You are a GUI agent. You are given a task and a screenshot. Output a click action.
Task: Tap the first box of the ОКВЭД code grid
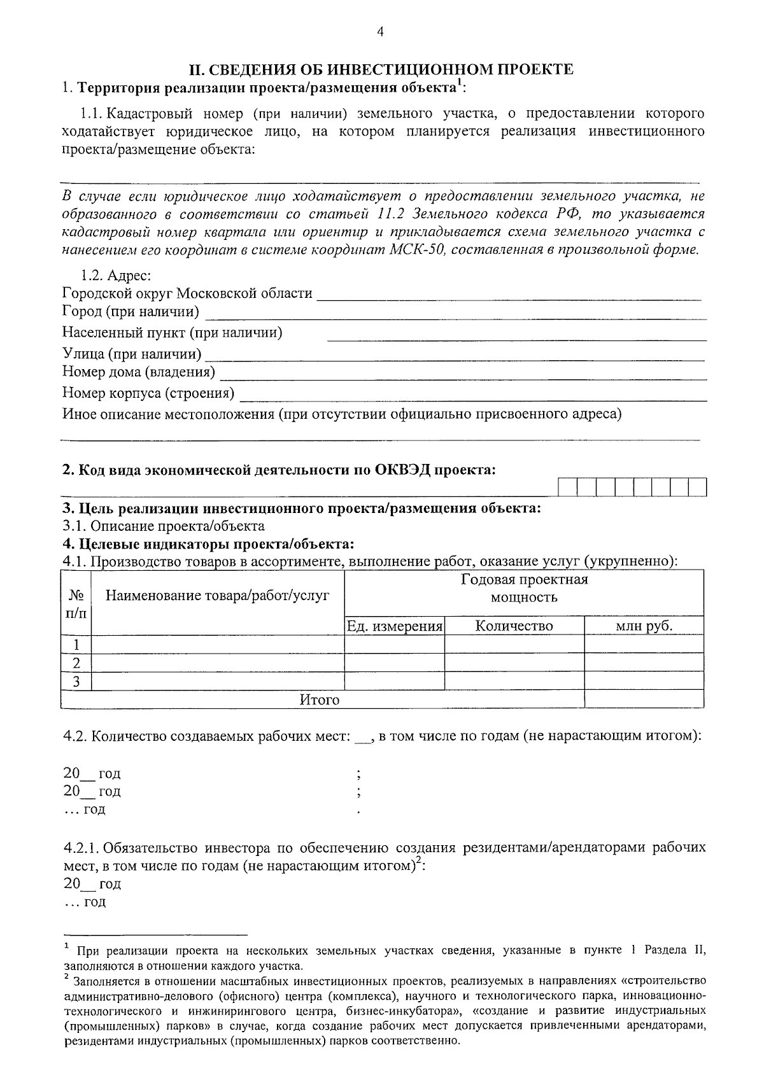tap(567, 487)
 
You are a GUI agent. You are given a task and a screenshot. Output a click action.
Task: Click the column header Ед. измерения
tap(394, 626)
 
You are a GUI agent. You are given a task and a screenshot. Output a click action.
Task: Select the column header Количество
tap(514, 626)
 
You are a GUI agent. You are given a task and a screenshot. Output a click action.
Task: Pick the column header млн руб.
tap(644, 626)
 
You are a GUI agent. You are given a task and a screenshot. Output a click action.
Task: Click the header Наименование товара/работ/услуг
tap(217, 596)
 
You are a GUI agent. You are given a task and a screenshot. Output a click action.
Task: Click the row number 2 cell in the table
tap(76, 663)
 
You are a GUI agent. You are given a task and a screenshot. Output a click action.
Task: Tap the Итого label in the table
tap(320, 700)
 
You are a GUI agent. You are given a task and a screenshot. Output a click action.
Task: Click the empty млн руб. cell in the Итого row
tap(644, 700)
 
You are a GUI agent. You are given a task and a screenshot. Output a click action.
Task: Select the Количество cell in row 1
tap(514, 645)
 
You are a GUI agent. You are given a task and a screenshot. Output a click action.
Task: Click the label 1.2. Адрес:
tap(115, 276)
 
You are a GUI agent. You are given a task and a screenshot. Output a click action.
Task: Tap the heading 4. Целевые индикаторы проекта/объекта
tap(208, 544)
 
